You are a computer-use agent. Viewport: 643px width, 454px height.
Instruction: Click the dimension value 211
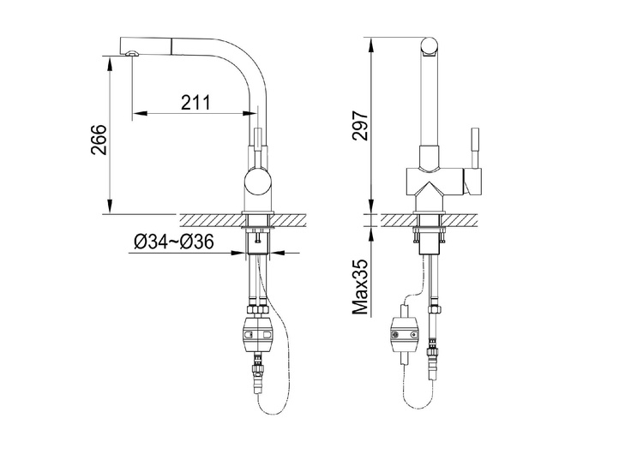coord(195,103)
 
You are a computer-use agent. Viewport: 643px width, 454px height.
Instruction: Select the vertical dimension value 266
coord(99,140)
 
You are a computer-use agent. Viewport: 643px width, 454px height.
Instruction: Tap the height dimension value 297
coord(361,125)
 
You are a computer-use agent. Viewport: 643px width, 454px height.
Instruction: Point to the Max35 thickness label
coord(361,286)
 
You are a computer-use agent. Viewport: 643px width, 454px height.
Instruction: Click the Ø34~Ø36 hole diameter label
coord(174,242)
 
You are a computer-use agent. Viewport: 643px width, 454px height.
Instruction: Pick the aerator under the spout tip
coord(132,53)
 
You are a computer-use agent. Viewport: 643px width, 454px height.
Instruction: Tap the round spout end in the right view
coord(430,46)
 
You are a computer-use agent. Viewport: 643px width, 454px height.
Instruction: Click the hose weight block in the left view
coord(257,334)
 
